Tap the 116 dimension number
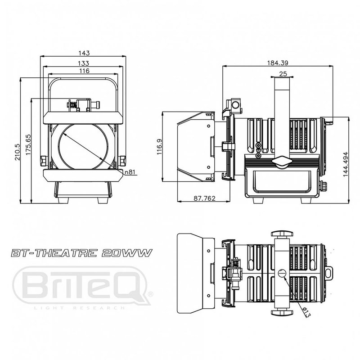84,71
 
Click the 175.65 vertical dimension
28,144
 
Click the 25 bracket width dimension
283,73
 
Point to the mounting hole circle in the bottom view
282,273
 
